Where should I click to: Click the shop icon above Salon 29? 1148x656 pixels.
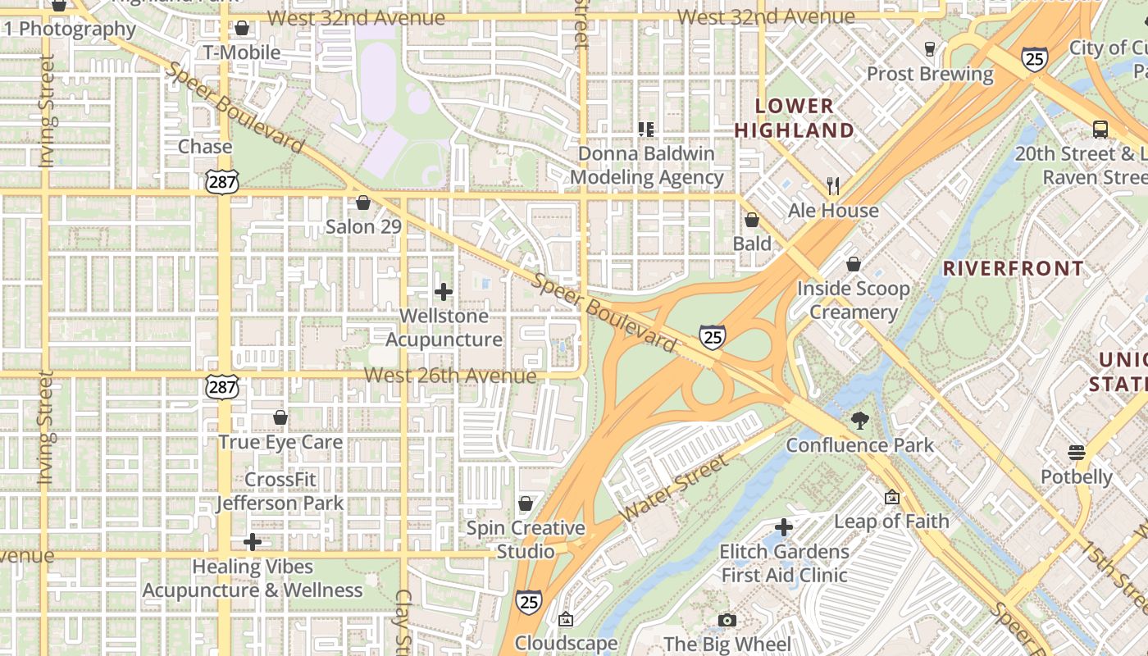tap(363, 203)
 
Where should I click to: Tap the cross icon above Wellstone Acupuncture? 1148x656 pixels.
tap(444, 292)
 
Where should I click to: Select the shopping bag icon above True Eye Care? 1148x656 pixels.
tap(280, 417)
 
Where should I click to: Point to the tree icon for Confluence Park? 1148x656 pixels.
tap(860, 421)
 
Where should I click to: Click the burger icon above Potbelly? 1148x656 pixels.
tap(1077, 453)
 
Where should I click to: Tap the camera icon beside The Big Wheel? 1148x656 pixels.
tap(727, 621)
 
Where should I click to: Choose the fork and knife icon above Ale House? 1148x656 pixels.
tap(833, 186)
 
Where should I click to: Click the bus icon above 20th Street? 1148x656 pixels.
tap(1100, 130)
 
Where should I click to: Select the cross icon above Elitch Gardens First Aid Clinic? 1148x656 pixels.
tap(784, 526)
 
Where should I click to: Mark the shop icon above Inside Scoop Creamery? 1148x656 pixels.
tap(854, 264)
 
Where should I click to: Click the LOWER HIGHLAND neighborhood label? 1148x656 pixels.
tap(794, 118)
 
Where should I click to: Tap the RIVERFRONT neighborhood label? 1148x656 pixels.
tap(1014, 268)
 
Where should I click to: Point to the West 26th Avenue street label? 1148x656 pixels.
tap(450, 376)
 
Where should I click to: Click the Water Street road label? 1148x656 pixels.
tap(674, 489)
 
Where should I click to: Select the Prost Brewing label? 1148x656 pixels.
tap(930, 74)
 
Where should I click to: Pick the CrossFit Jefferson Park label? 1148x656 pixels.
tap(280, 490)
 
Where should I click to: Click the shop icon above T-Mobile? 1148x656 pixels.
tap(242, 29)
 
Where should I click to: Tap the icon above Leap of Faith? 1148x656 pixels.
tap(892, 497)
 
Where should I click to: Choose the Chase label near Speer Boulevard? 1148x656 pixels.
tap(205, 147)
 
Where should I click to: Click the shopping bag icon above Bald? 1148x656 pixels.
tap(752, 220)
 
